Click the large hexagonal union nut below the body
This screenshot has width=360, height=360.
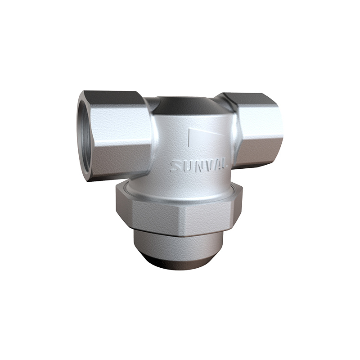point(180,211)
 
